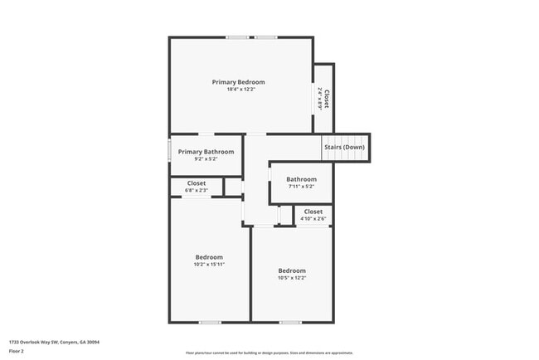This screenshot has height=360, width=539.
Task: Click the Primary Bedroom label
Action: coord(238,82)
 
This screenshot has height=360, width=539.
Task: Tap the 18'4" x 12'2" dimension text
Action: coord(238,90)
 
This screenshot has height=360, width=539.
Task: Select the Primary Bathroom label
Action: coord(206,152)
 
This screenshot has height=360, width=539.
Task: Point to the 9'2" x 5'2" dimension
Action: coord(206,159)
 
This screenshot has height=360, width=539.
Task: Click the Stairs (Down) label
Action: coord(344,147)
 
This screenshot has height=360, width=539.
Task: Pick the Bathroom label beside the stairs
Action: coord(301,179)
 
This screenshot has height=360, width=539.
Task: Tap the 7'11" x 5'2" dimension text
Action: coord(301,187)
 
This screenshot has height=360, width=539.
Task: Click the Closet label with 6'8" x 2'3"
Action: coord(197,183)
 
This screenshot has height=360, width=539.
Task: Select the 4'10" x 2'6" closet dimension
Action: coord(313,219)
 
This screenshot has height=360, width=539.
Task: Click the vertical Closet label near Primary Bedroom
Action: coord(327,100)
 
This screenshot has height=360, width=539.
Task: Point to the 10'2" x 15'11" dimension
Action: coord(209,265)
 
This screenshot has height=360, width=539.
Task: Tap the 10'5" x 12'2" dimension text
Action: coord(292,278)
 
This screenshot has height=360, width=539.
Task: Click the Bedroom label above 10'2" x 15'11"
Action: coord(209,257)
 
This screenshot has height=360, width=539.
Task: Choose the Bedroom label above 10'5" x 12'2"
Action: coord(292,270)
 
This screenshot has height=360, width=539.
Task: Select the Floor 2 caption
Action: coord(17,352)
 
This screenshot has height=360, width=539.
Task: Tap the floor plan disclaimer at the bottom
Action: coord(269,353)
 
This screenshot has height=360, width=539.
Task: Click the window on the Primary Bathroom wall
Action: coord(170,151)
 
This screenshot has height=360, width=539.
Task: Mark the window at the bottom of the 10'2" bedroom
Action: coord(210,322)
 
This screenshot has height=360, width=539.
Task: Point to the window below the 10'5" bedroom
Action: coord(290,322)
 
